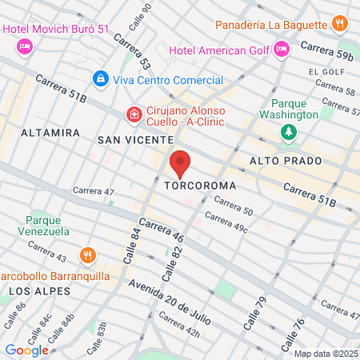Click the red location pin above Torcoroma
tap(181, 164)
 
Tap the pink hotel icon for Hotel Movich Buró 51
tap(24, 46)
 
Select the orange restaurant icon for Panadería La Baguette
tap(340, 23)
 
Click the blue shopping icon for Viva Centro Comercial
tap(101, 79)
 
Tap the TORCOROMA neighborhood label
tap(200, 186)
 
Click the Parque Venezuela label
tap(47, 226)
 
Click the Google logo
tap(26, 350)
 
